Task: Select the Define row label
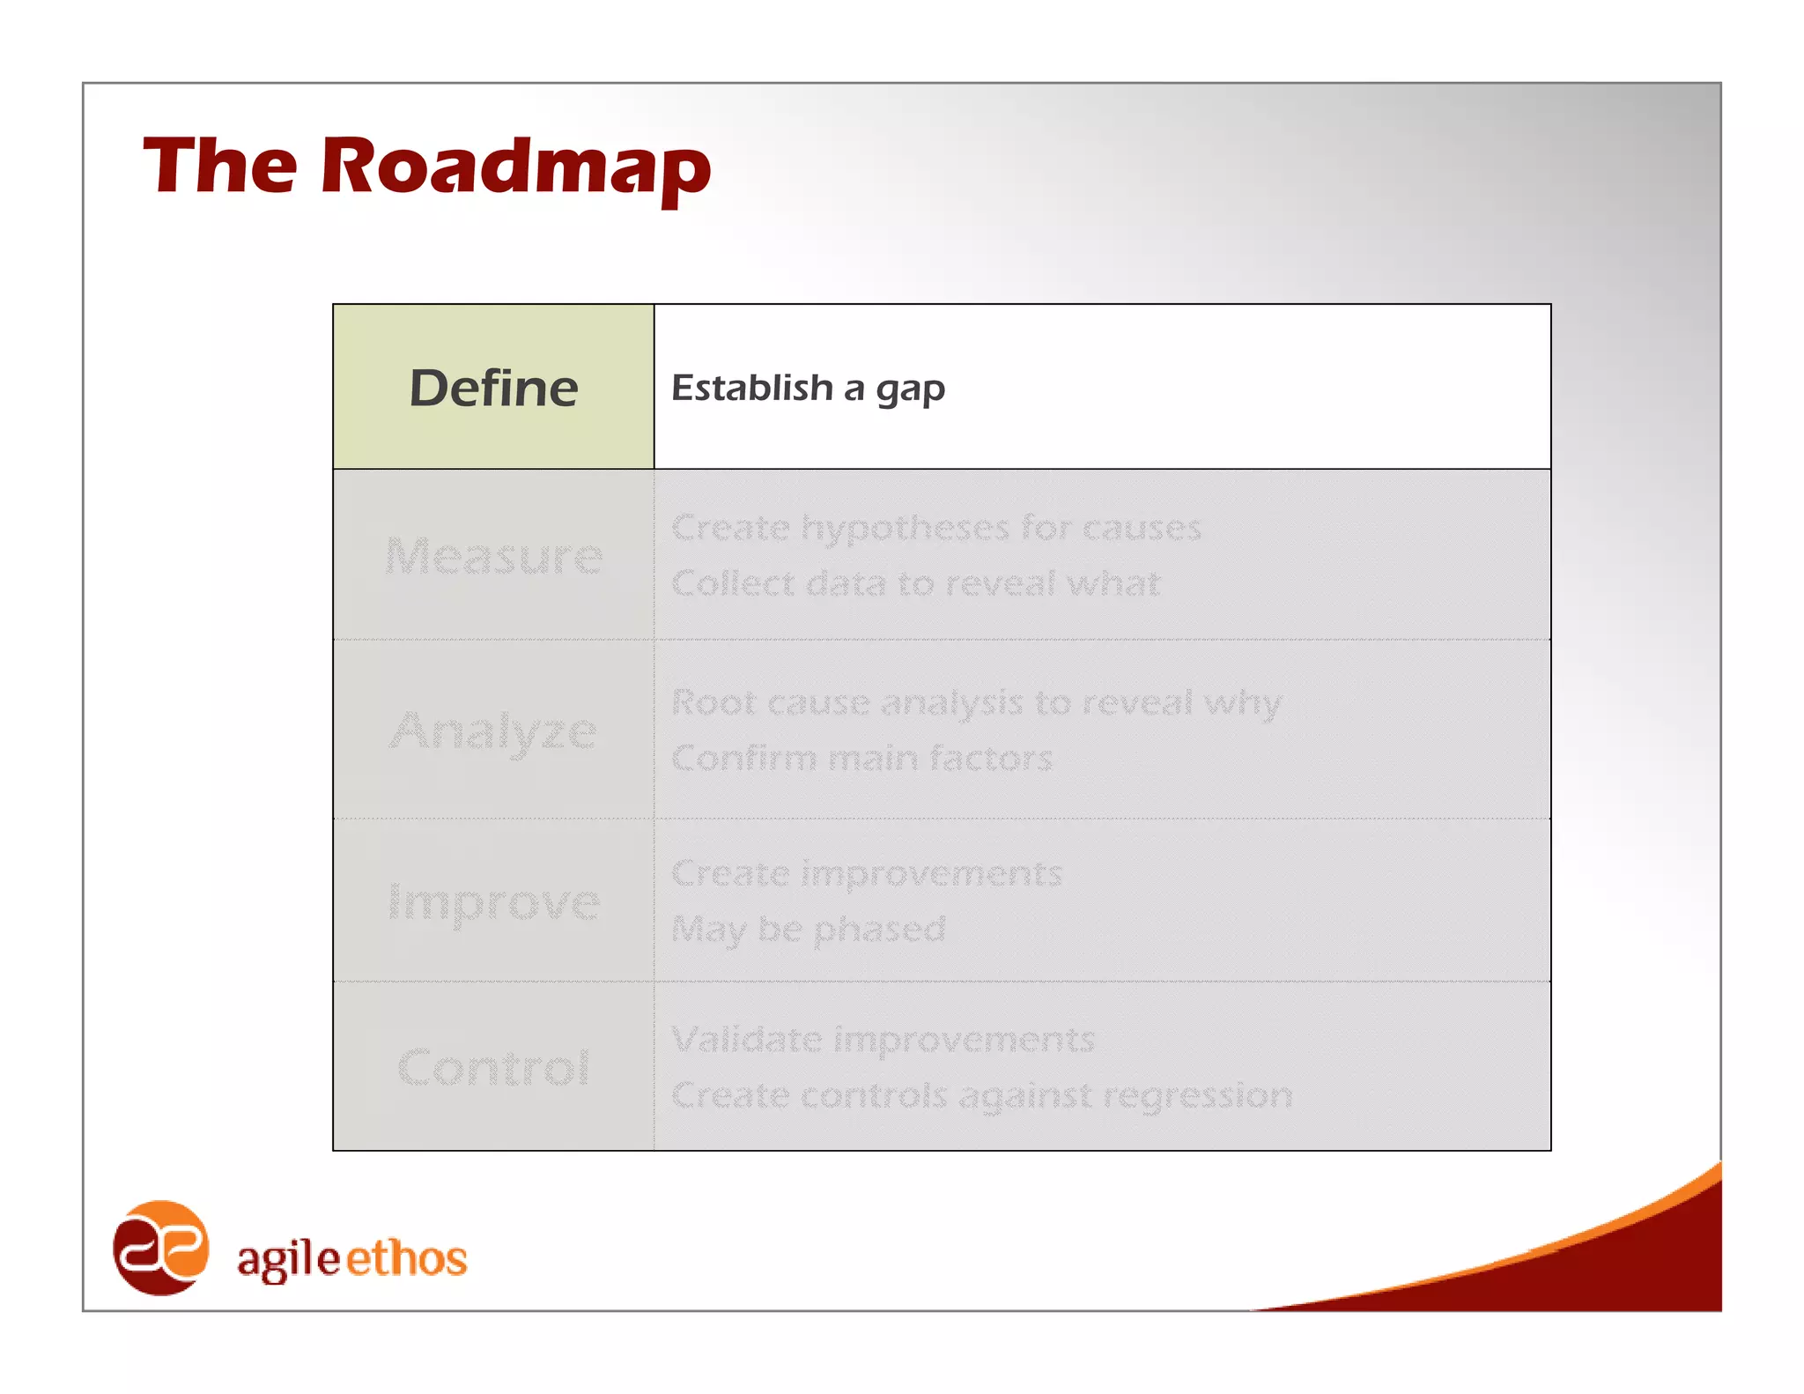pos(493,388)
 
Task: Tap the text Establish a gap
pos(808,388)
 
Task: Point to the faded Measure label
pos(493,556)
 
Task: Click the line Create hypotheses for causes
pos(935,528)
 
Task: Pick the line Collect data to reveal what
pos(916,583)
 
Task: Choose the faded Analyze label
pos(493,731)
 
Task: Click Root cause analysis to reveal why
pos(976,703)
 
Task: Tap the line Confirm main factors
pos(861,758)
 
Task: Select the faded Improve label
pos(493,902)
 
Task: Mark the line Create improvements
pos(867,873)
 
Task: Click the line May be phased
pos(808,929)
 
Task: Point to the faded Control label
pos(493,1068)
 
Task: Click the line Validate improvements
pos(883,1040)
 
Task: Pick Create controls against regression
pos(981,1095)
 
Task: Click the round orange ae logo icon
pos(161,1248)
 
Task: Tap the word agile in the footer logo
pos(288,1258)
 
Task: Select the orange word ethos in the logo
pos(406,1258)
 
